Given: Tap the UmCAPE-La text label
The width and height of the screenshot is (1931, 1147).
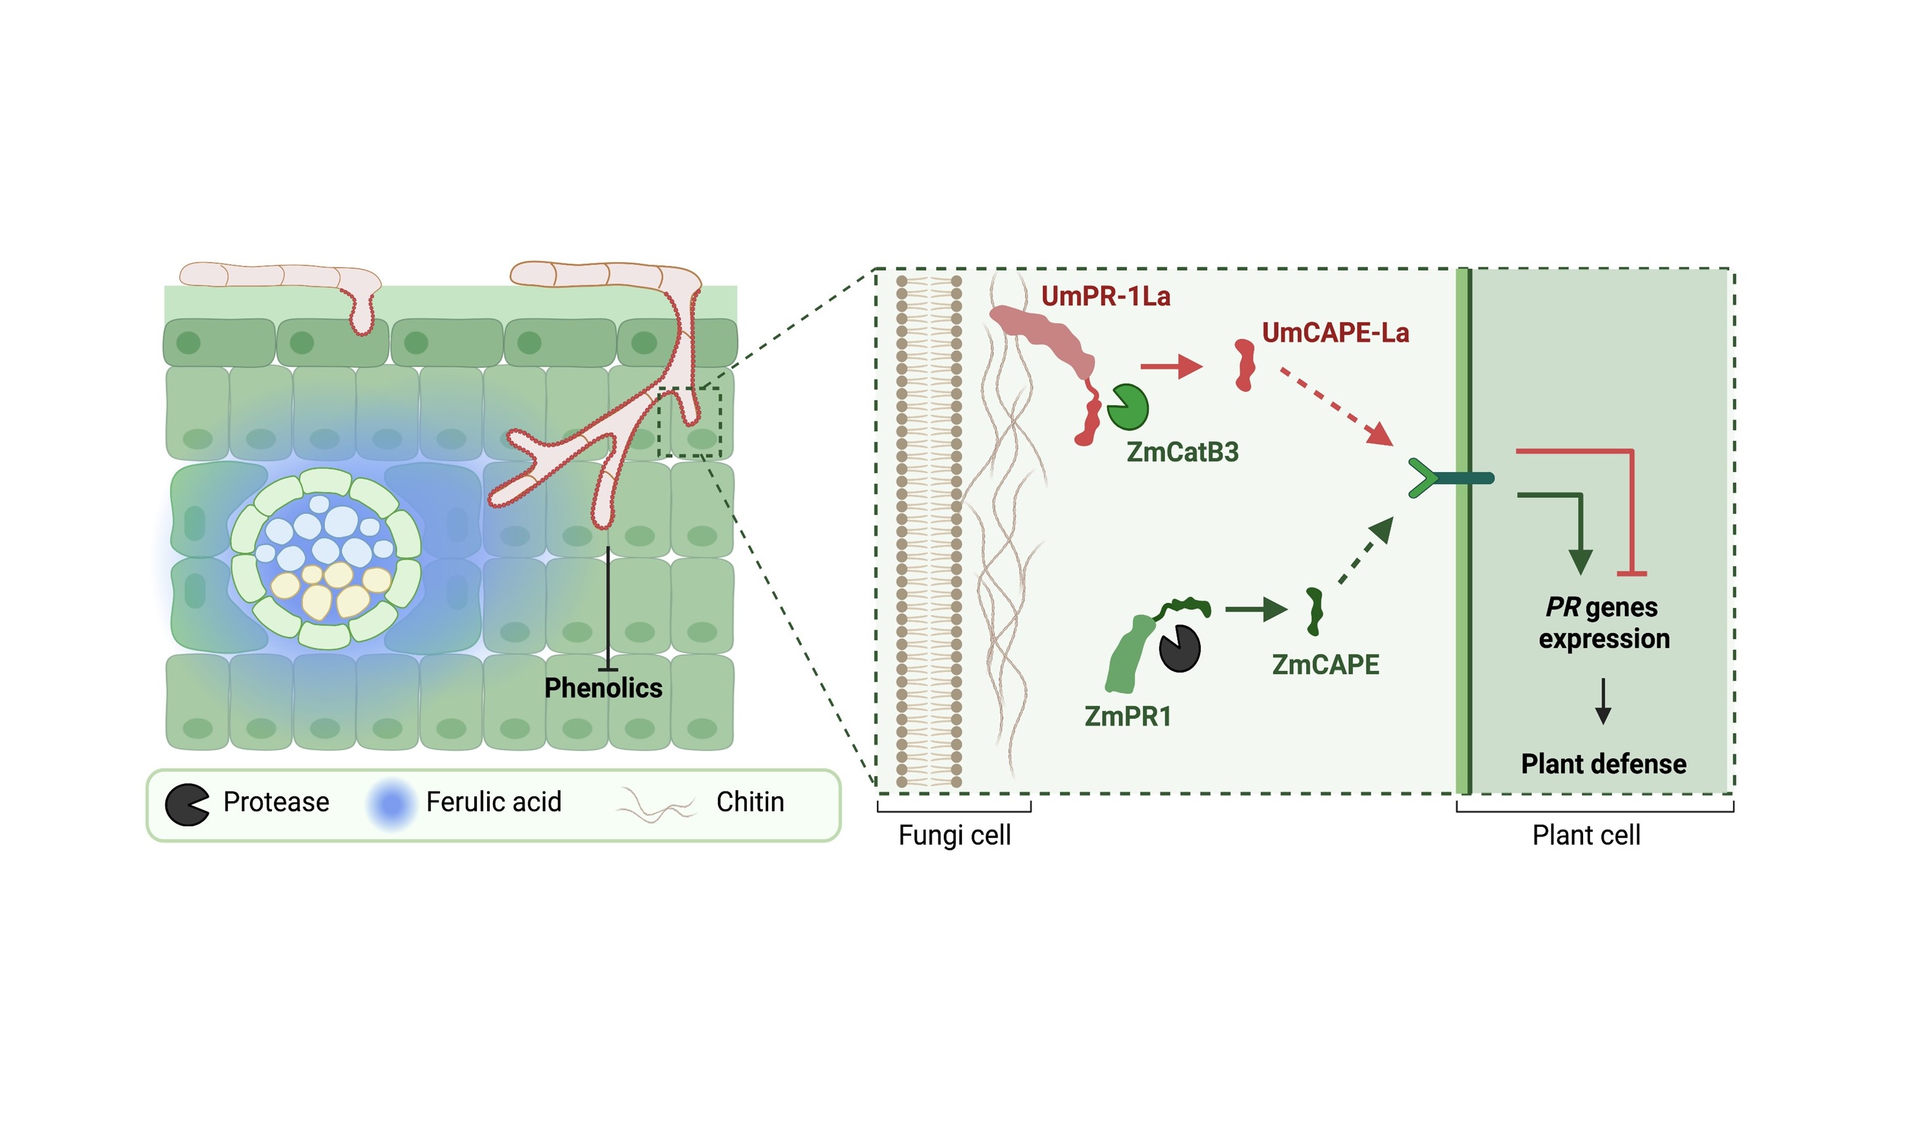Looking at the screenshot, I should (1334, 333).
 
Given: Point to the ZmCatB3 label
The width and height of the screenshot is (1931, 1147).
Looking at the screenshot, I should (1182, 452).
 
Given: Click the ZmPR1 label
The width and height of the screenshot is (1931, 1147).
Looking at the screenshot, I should (1127, 717).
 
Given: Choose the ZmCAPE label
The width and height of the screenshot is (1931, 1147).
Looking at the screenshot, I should (1325, 665).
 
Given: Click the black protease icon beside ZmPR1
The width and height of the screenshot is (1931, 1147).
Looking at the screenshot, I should (1179, 648).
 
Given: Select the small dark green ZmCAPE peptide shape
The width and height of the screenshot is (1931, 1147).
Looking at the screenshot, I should (1313, 611).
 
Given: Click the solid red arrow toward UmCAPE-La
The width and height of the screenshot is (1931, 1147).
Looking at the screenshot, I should (1171, 366).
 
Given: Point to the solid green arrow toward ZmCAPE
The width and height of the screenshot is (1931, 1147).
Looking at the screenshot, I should (1255, 610).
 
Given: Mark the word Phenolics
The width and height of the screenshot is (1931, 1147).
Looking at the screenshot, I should (603, 688).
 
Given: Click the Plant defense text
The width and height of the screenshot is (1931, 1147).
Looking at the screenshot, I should (1603, 764).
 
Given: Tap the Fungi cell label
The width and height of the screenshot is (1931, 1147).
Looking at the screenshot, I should (954, 835).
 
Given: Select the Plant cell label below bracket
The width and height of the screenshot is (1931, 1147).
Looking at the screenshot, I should (1586, 835).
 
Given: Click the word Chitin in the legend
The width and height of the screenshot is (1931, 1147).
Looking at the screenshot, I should (749, 802).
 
